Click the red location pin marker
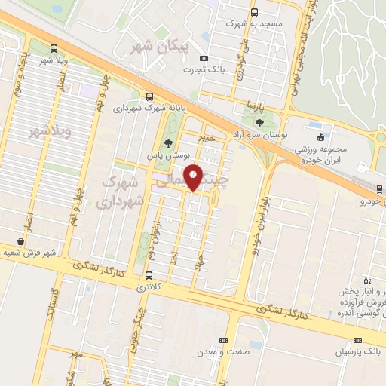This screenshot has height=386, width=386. coord(195,178)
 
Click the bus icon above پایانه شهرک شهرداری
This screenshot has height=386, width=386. coord(151,96)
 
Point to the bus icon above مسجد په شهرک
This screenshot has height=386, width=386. coord(254,12)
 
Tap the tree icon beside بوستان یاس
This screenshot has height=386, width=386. coord(168,144)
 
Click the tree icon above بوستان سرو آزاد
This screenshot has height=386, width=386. coord(260,121)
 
